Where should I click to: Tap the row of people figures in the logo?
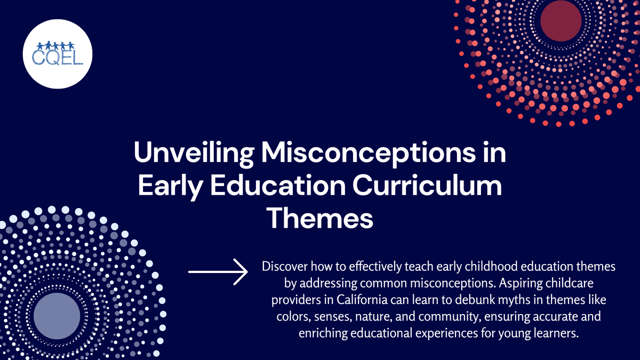coord(58,45)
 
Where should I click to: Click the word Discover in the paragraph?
coord(283,266)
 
